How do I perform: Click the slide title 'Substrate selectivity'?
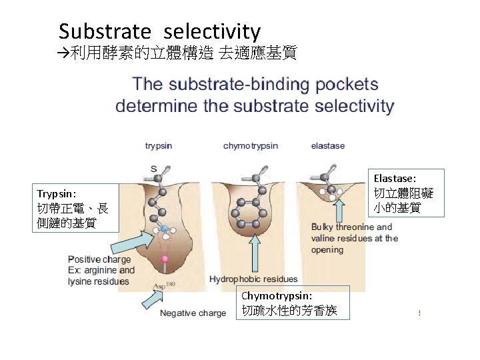point(159,31)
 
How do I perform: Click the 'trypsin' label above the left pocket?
point(159,145)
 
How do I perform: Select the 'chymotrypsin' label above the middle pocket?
point(251,145)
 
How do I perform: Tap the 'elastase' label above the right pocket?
point(328,145)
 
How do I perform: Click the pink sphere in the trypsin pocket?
point(164,258)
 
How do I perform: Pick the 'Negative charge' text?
point(193,313)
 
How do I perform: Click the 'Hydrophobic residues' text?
point(253,279)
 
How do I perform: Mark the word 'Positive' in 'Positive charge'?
point(85,259)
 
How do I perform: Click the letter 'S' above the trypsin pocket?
point(153,169)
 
